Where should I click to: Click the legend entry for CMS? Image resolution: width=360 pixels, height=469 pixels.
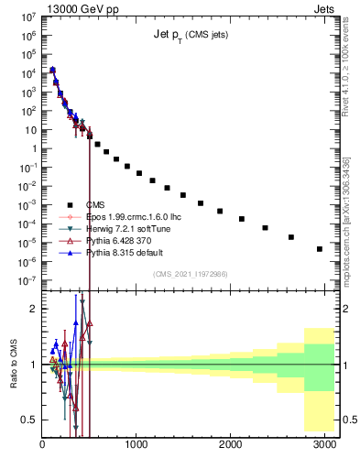pos(95,204)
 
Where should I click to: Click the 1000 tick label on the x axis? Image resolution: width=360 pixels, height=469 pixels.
pos(136,444)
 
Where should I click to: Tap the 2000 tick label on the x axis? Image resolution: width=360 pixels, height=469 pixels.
pos(230,444)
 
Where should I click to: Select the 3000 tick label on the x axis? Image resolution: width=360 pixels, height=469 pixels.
pos(324,444)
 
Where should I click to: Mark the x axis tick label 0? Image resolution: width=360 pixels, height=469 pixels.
pos(42,444)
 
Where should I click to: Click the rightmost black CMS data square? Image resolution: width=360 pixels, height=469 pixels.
pos(320,248)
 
